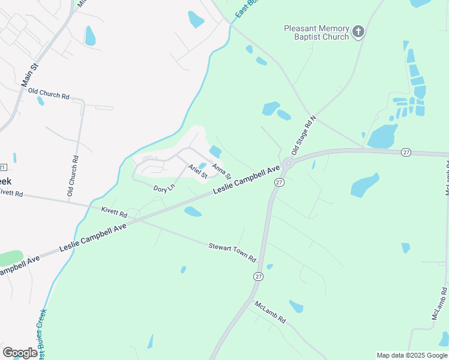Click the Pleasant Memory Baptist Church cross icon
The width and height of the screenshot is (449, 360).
point(358,32)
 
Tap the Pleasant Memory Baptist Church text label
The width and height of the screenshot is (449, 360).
point(316,32)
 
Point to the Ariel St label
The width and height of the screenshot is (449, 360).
point(197,172)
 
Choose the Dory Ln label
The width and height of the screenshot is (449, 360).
point(164,188)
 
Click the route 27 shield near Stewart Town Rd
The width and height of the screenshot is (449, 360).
point(258,276)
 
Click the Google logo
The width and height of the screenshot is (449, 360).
point(20,352)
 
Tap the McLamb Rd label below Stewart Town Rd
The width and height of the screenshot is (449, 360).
point(270,313)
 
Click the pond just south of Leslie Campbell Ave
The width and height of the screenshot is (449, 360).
point(193,211)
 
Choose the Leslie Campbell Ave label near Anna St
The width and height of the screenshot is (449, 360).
point(247,179)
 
